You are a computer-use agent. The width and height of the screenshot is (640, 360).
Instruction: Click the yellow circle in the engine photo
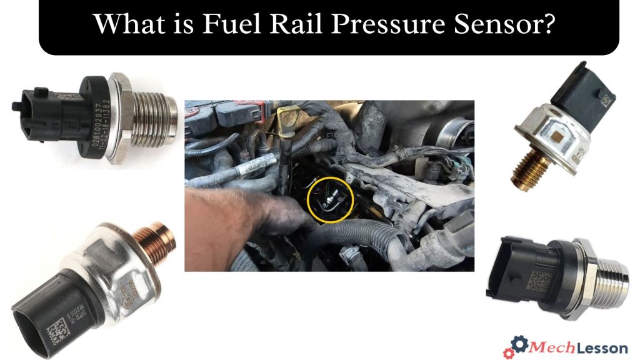331,201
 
